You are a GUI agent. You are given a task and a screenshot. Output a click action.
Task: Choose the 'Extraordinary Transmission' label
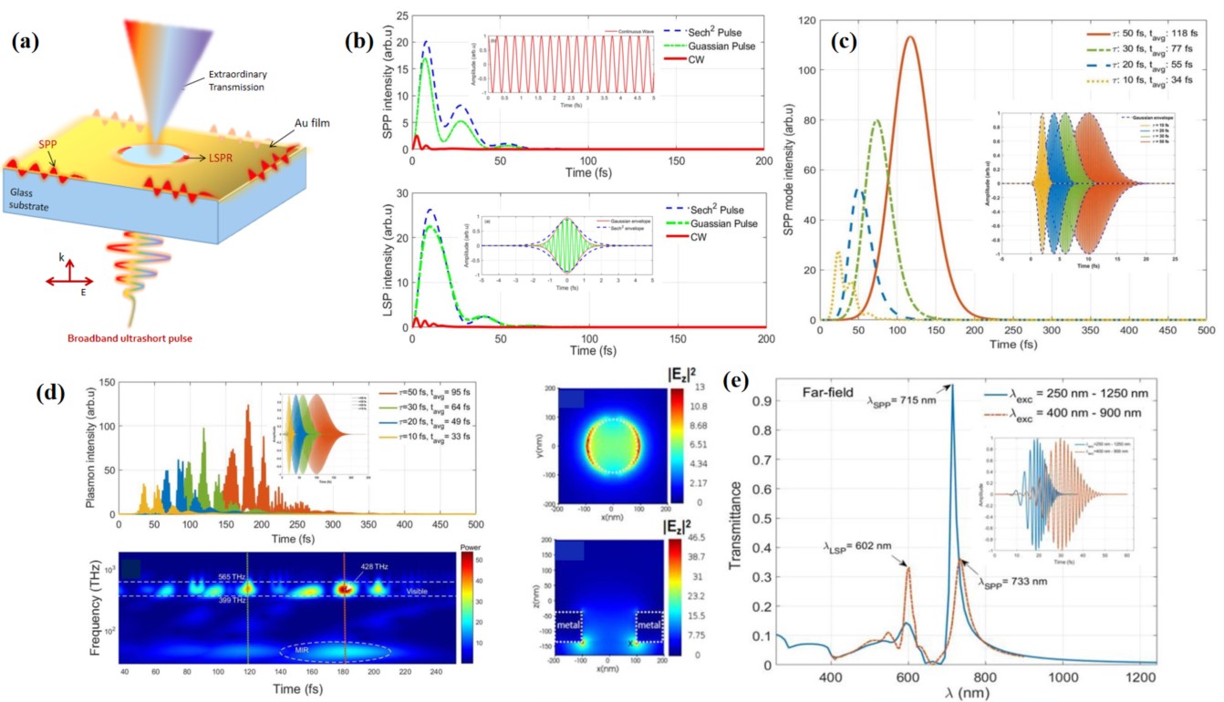pyautogui.click(x=232, y=81)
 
